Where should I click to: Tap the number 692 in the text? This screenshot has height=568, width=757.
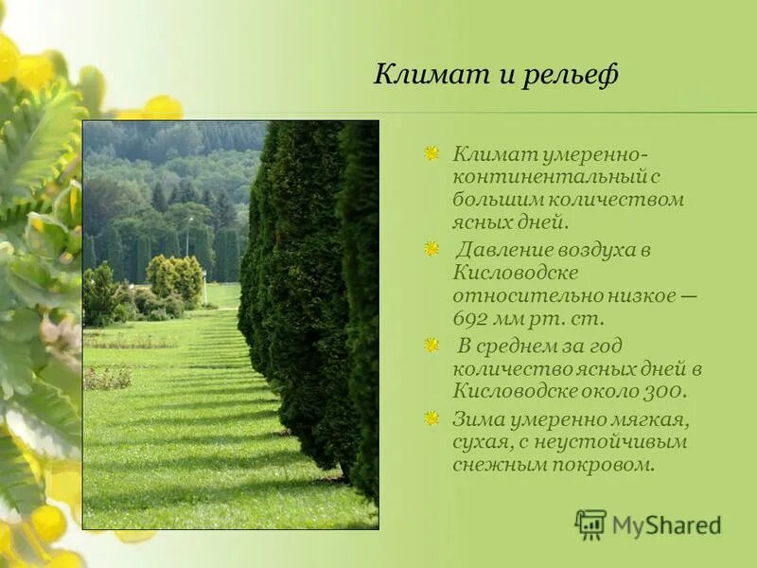[x=473, y=318]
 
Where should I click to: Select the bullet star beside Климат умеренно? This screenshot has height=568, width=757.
[x=431, y=153]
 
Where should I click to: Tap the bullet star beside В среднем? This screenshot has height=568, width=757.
[x=431, y=346]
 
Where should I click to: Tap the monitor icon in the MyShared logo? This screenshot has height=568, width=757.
[x=590, y=524]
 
